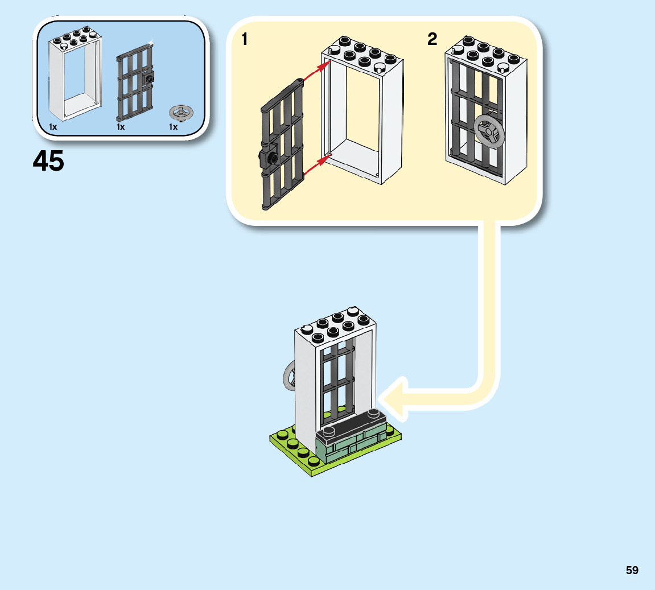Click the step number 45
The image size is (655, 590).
[x=48, y=162]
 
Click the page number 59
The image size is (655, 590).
[x=632, y=570]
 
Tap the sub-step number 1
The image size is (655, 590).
[x=245, y=39]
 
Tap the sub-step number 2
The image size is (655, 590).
[x=432, y=39]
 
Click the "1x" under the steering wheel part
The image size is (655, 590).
[x=174, y=127]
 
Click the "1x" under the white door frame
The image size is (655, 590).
[x=53, y=127]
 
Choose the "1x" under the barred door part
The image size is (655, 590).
[x=121, y=127]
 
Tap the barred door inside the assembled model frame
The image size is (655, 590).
[x=337, y=378]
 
